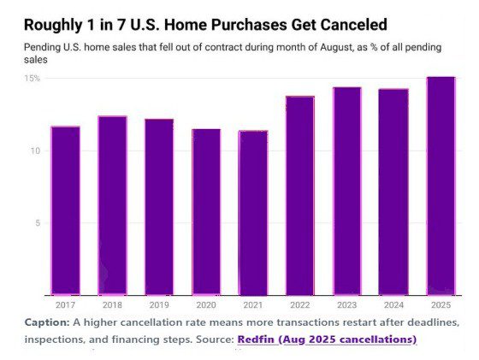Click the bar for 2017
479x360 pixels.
[65, 210]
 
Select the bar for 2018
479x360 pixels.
[112, 205]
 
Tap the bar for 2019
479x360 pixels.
[159, 207]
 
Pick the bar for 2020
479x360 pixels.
[206, 212]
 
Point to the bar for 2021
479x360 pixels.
[253, 213]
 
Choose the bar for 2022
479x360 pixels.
[300, 196]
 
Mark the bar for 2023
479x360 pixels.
[347, 191]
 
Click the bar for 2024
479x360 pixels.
[393, 192]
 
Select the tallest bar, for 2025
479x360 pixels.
[441, 186]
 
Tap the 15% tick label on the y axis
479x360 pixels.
[32, 78]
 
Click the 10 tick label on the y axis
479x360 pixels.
[35, 150]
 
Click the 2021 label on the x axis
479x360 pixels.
[253, 304]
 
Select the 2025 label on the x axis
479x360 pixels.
[441, 304]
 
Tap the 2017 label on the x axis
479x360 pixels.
[65, 304]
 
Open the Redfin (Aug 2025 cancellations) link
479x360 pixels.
[327, 339]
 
